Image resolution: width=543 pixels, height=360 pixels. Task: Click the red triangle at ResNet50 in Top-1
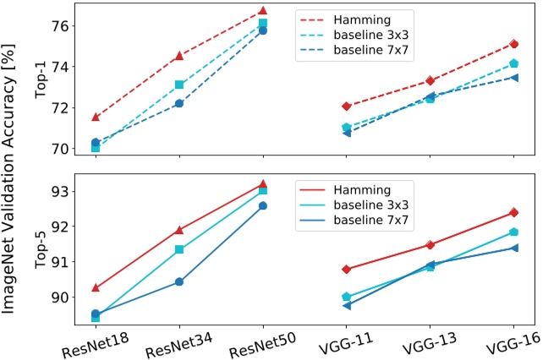263,11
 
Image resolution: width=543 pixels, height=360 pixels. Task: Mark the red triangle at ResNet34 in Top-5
178,230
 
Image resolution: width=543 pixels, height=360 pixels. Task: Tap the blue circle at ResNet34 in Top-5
178,281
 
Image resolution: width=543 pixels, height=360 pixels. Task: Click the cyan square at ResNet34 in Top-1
178,85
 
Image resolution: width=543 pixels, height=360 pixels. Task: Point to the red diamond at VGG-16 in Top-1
513,44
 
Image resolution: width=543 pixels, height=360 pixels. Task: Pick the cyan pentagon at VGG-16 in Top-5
513,232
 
